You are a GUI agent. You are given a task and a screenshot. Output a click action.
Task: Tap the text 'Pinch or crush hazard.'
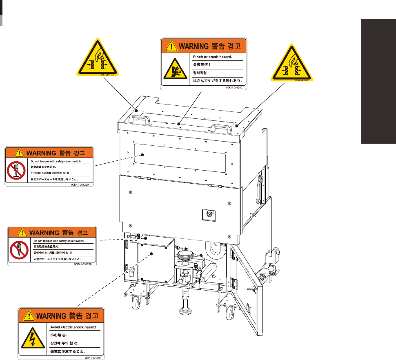(212, 57)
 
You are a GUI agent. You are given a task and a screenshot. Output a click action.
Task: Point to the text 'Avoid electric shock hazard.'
(73, 327)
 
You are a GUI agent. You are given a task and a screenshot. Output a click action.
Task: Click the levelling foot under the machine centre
(185, 306)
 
